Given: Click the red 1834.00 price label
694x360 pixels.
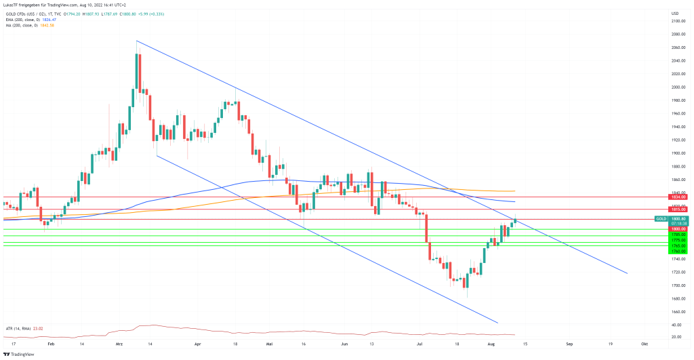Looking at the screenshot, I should coord(679,197).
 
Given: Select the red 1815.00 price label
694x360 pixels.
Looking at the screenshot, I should coord(679,209).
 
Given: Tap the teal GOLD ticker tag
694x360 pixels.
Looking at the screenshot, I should coord(661,219).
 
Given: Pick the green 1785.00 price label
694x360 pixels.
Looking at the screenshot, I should coord(679,235).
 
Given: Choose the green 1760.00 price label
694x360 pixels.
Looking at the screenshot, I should coord(679,251).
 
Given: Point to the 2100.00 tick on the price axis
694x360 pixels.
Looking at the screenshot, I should coord(678,21).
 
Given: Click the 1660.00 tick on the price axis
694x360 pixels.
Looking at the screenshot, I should coord(678,312).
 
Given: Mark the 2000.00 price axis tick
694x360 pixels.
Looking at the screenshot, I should coord(678,87).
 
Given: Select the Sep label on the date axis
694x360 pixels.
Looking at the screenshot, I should coord(569,344).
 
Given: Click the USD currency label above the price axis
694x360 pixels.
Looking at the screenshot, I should coord(674,14).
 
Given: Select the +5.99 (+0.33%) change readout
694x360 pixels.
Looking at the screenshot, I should coord(157,14).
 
